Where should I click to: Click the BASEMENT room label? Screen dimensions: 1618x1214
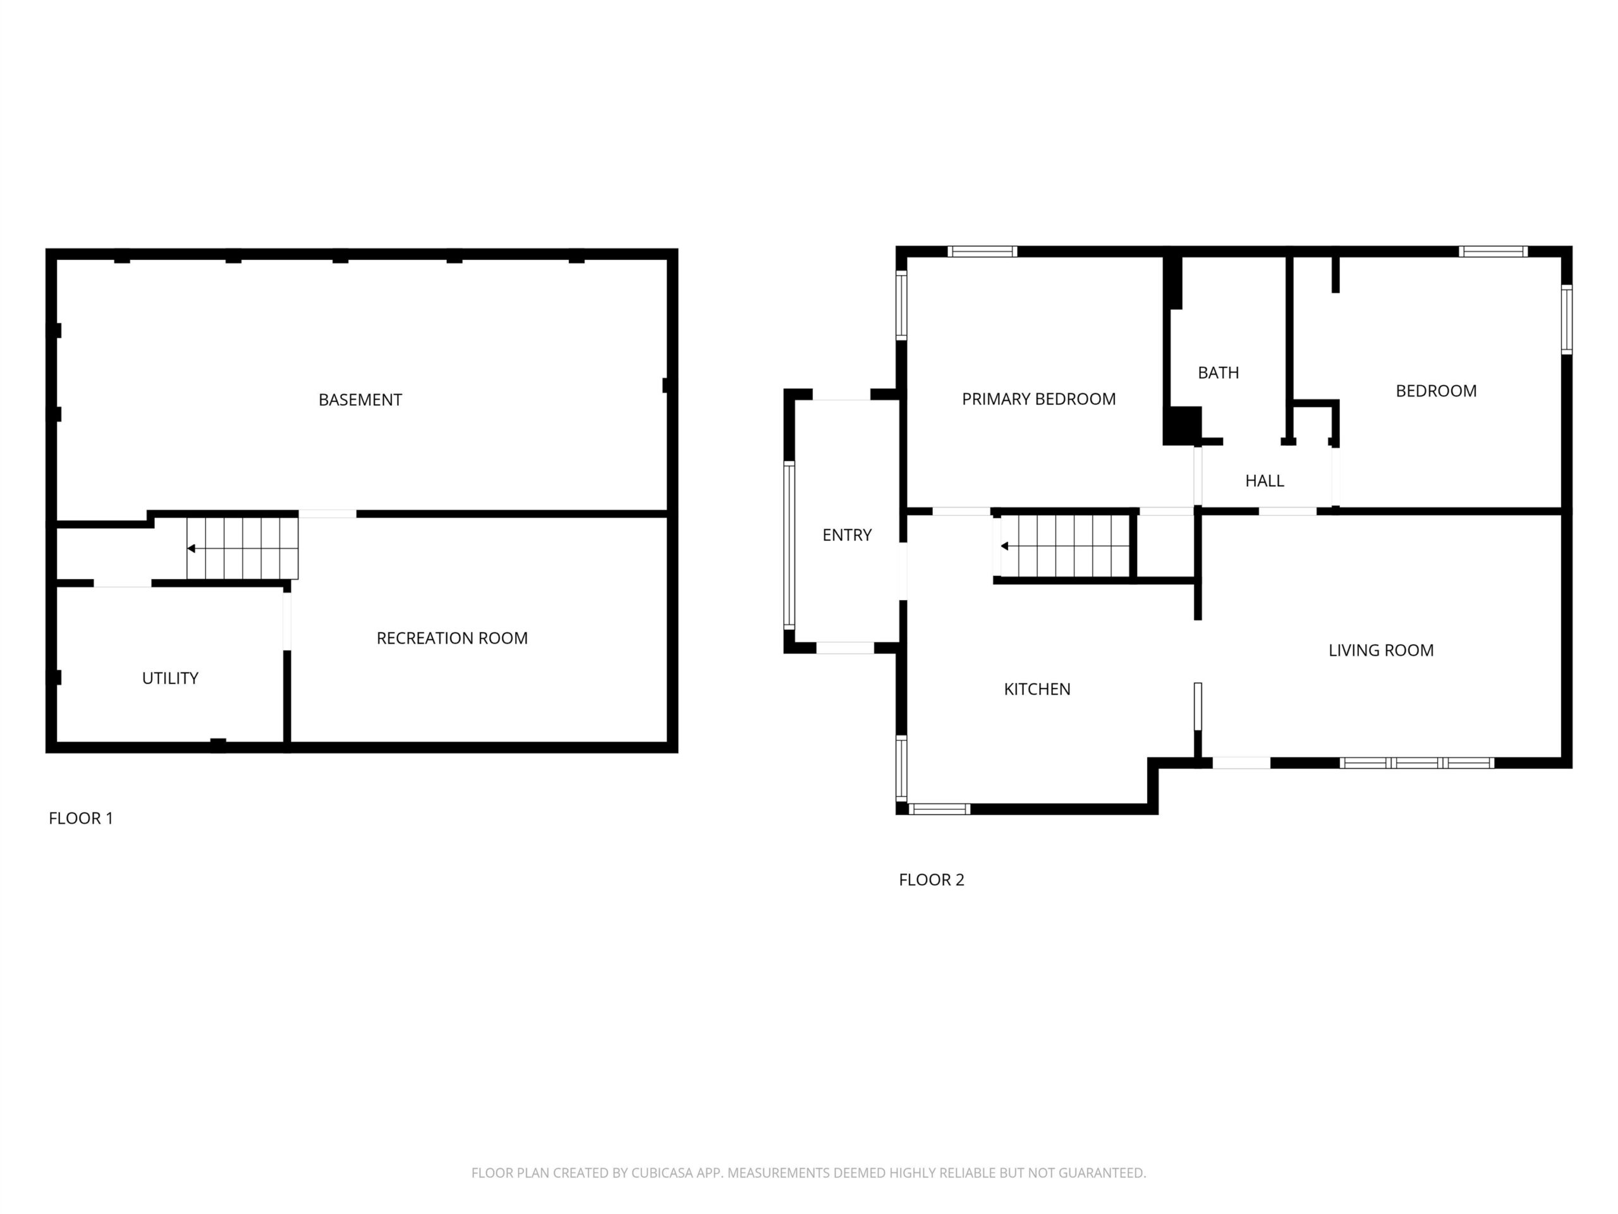pos(360,400)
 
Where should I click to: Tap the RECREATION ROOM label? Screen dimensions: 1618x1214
pos(452,638)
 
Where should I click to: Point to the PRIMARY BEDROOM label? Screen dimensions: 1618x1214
pos(1038,399)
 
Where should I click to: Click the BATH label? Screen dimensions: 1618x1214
pos(1219,372)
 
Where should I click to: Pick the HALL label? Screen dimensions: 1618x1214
pos(1265,481)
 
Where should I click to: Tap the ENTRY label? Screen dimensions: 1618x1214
pos(847,535)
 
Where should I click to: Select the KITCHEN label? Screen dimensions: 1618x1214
pos(1037,689)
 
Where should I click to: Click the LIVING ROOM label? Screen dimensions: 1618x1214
pos(1381,650)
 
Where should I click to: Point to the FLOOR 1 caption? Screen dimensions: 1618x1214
pos(81,818)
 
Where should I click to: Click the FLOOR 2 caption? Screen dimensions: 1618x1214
pos(932,880)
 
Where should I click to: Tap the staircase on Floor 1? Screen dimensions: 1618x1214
pos(242,548)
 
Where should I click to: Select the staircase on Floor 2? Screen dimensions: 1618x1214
pos(1065,546)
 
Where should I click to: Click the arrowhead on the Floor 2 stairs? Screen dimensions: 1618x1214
pos(1005,546)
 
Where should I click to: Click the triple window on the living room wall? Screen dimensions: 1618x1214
pos(1417,763)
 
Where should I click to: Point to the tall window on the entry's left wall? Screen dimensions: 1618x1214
pos(789,545)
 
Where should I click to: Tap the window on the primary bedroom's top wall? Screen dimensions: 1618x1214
pos(982,251)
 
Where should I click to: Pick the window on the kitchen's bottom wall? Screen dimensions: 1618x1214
pos(939,809)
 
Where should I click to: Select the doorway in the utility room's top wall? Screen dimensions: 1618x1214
pos(123,583)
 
